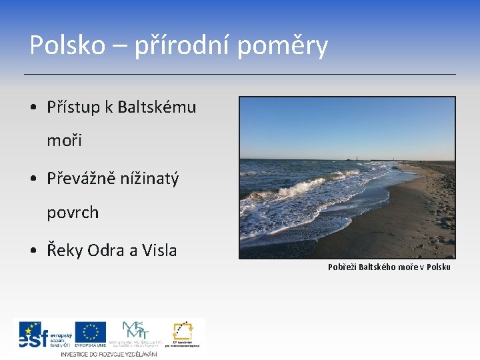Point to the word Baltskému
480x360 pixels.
[x=157, y=107]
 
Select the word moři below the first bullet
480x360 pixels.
[x=64, y=141]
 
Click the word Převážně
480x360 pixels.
[x=84, y=179]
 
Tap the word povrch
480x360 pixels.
[x=73, y=213]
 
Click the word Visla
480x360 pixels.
[x=159, y=251]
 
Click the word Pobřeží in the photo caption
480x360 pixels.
[x=342, y=267]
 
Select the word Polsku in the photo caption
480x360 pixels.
[x=437, y=267]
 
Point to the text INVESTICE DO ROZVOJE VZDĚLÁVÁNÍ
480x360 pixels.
[x=109, y=354]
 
